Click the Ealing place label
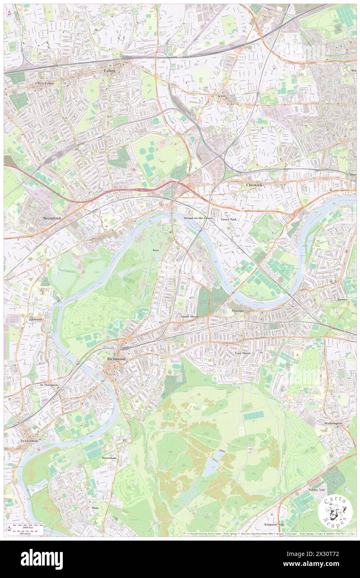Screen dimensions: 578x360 pos(109,71)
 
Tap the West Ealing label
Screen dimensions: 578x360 pos(46,83)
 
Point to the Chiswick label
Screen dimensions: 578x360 pos(254,185)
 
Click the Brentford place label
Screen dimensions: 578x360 pos(52,218)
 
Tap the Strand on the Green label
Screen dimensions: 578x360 pos(198,218)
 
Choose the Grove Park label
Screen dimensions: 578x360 pos(229,219)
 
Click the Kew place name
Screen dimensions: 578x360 pos(156,250)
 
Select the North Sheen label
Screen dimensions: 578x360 pos(190,317)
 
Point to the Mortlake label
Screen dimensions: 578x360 pos(238,311)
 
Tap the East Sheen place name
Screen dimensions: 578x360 pos(243,353)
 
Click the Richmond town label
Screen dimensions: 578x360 pos(116,358)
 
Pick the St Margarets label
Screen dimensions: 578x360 pos(49,385)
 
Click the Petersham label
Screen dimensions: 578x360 pos(109,457)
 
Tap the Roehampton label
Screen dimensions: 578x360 pos(333,423)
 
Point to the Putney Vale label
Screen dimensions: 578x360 pos(317,490)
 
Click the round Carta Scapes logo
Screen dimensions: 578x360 pos(335,511)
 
